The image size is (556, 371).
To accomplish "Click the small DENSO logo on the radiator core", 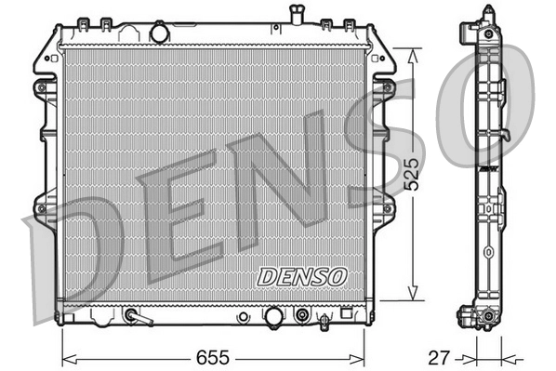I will click(301, 275).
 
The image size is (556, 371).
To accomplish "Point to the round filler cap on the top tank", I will click(159, 33).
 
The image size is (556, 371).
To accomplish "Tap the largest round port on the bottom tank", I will click(273, 317).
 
